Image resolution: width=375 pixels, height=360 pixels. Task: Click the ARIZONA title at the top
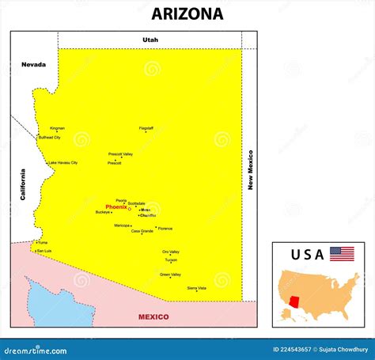187,13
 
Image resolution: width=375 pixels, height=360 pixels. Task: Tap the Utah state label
150,40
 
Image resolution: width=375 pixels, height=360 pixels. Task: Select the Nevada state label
33,64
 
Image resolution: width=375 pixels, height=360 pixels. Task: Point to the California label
24,184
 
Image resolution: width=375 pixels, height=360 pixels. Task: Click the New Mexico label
250,169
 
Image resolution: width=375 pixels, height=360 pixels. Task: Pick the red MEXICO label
153,316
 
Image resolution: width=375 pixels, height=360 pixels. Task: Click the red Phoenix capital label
116,207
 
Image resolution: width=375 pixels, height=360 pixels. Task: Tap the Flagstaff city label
146,127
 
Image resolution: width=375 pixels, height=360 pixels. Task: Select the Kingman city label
58,128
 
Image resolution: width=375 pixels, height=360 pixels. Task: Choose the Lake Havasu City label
63,163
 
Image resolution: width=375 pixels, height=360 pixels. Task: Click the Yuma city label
43,242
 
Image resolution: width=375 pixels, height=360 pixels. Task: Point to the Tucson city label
171,260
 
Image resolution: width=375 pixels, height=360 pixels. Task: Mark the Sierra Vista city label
196,288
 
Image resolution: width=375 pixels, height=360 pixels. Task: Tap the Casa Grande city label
142,231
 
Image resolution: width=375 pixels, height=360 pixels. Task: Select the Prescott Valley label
120,154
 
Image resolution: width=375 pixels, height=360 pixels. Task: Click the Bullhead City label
50,138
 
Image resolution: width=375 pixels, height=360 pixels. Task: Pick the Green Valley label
170,275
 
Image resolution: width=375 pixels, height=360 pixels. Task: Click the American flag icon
342,254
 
